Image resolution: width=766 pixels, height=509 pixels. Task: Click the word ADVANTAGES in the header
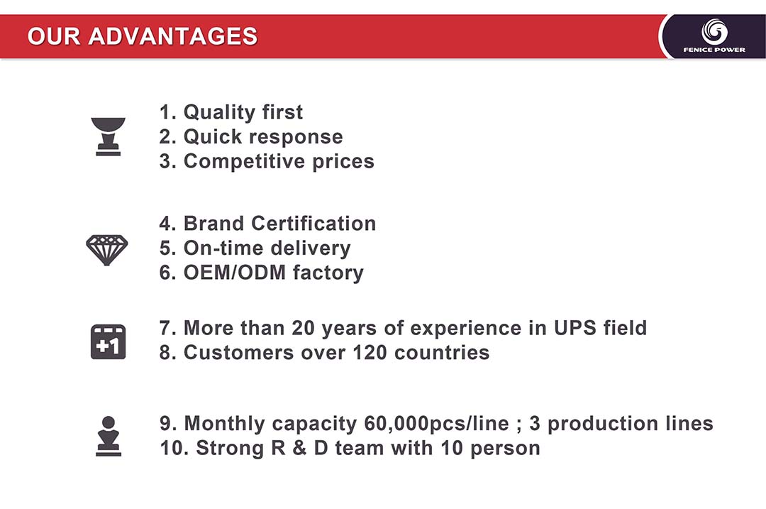(173, 36)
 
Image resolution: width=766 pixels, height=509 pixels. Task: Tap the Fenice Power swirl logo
(714, 32)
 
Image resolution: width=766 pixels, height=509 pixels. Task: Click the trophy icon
(108, 137)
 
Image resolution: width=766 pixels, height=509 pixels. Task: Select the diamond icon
(107, 250)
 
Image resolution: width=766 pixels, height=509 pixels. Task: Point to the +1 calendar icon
(108, 341)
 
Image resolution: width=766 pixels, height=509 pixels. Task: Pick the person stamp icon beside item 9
(109, 436)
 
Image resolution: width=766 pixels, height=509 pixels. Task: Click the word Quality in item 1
(219, 113)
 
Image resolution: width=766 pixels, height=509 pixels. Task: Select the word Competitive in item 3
(244, 162)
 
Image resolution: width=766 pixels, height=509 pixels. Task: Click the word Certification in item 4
(313, 224)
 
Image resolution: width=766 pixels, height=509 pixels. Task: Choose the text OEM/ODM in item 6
(235, 273)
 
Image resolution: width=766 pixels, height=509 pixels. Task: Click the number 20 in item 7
(303, 328)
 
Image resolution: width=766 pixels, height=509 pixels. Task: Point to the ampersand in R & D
(299, 449)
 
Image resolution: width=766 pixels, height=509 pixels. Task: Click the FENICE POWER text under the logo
(714, 50)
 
